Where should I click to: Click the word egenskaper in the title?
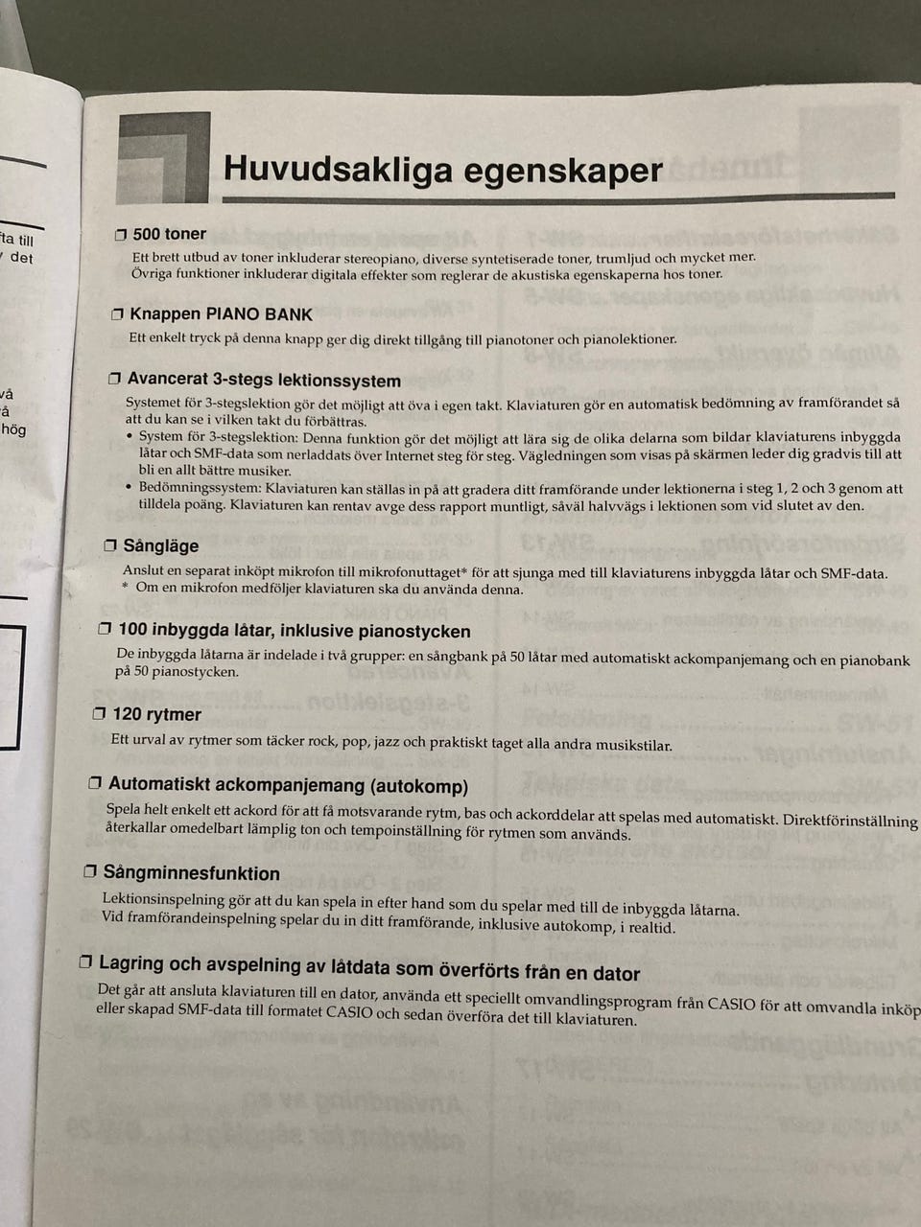563,171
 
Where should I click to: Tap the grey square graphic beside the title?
163,158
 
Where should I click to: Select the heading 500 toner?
169,234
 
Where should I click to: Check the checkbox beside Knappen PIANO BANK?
117,314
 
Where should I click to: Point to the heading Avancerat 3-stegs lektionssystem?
264,381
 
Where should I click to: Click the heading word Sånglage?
161,546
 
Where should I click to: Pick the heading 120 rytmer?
156,714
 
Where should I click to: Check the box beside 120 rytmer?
99,714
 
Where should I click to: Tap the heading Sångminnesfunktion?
191,873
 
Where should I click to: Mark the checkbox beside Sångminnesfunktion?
89,873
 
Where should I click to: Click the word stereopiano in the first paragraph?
377,257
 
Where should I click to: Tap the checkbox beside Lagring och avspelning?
85,962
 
